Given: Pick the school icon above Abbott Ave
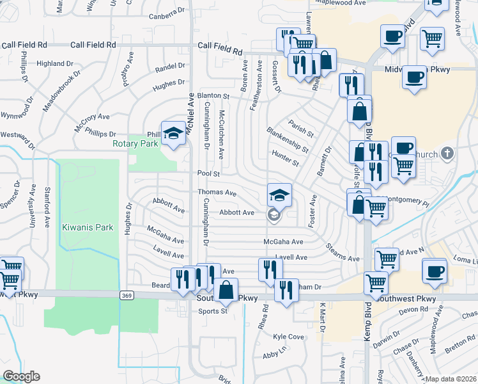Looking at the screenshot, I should point(279,195).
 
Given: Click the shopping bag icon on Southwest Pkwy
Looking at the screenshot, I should point(226,290).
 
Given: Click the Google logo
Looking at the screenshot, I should point(21,376).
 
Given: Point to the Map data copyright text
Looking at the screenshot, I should point(451,379).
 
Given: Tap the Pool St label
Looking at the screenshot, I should point(208,173).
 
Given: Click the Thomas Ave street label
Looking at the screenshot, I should point(217,193).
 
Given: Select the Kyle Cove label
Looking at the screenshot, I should point(288,337).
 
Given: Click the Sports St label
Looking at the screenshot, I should point(213,312).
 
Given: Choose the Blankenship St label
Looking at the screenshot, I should point(288,139).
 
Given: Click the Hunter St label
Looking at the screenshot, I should point(285,158).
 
